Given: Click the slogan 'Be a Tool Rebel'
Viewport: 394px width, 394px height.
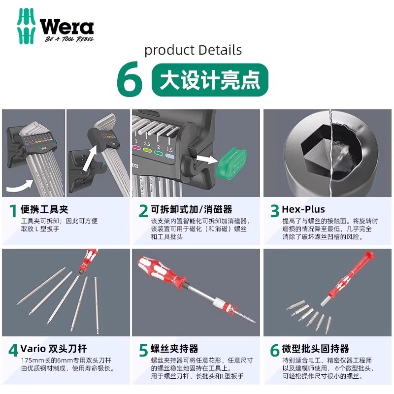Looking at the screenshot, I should (68, 39).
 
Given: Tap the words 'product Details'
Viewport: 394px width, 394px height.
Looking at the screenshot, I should (193, 50).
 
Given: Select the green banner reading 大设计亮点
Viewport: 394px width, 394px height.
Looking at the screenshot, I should (210, 80).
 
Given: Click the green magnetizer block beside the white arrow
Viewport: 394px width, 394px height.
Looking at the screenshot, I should (230, 161).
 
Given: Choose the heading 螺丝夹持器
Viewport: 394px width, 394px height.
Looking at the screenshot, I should (174, 349).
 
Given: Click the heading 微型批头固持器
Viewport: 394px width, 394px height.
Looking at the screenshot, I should (316, 349).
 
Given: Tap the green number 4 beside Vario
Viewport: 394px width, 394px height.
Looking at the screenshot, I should (13, 351).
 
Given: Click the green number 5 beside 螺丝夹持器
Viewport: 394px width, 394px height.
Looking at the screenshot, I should (143, 351).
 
